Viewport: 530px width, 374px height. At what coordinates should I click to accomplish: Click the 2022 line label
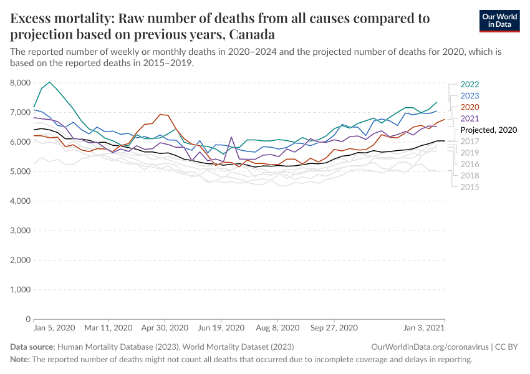tap(470, 85)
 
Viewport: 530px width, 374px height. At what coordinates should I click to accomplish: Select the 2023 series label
tap(470, 96)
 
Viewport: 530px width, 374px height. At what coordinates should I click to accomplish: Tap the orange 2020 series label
tap(470, 107)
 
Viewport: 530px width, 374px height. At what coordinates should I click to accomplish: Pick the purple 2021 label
tap(470, 118)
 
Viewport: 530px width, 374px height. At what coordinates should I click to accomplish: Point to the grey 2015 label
tap(470, 186)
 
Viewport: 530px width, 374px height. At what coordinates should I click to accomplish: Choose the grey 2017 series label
tap(470, 141)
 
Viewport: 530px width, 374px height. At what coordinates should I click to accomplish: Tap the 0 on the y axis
tap(28, 319)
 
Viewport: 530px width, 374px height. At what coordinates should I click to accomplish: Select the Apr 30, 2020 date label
tap(165, 327)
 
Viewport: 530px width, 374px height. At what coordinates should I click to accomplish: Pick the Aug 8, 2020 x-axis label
tap(277, 327)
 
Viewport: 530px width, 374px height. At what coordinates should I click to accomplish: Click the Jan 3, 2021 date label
tap(425, 327)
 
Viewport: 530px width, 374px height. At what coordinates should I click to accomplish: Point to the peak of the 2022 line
tap(50, 82)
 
